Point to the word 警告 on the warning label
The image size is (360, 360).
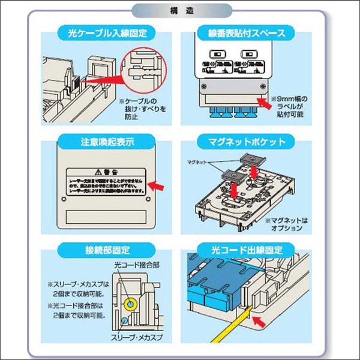coord(105,170)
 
